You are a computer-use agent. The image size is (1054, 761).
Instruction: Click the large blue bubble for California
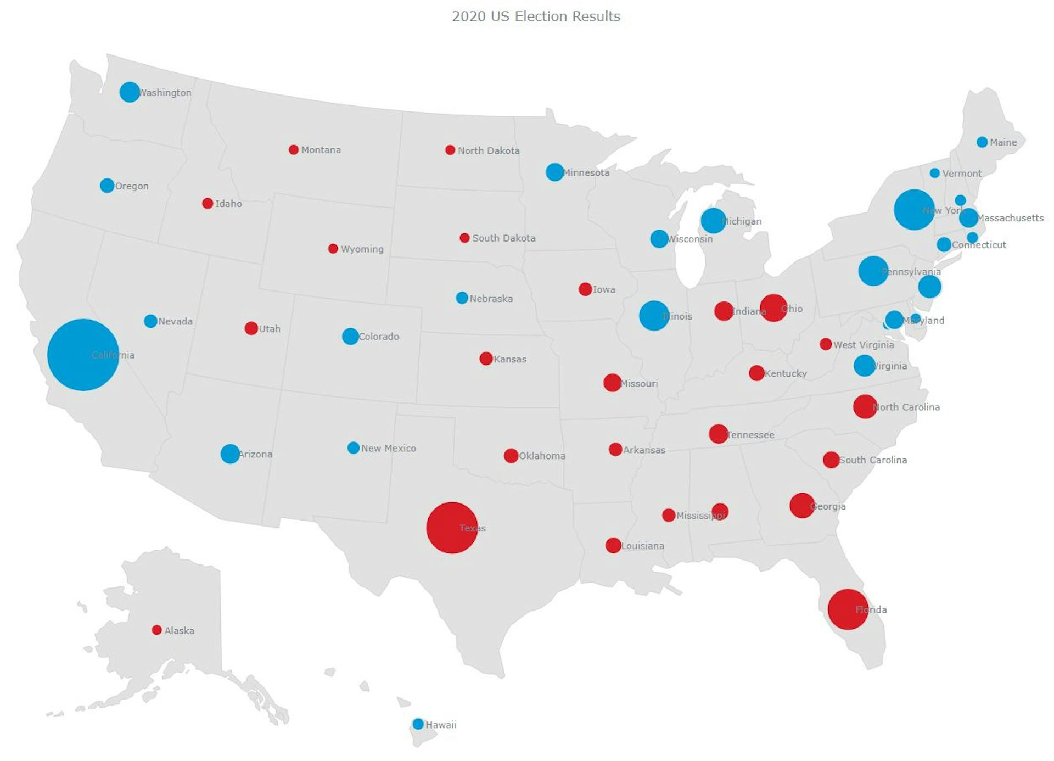pos(83,355)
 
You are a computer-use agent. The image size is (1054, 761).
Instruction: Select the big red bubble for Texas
pos(452,528)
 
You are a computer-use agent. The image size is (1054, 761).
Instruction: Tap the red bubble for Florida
pos(848,609)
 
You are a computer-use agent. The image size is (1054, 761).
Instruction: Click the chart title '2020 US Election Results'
pos(536,16)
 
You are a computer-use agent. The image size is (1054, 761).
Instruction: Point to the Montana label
pos(321,150)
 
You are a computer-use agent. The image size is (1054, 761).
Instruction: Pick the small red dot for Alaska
pos(157,630)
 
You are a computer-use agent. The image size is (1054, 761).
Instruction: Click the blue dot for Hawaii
pos(418,724)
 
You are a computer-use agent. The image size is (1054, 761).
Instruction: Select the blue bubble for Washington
pos(130,92)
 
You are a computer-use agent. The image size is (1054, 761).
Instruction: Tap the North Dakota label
pos(489,150)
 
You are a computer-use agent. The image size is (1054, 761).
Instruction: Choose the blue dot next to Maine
pos(982,142)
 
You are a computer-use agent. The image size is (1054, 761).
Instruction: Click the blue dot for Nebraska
pos(462,298)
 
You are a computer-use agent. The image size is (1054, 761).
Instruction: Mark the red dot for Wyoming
pos(333,249)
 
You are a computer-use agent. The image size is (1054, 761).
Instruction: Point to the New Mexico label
pos(388,449)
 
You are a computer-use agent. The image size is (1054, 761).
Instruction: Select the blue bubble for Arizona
pos(230,454)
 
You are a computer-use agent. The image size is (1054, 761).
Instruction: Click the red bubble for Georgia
pos(802,505)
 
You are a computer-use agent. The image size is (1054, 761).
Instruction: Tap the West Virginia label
pos(864,345)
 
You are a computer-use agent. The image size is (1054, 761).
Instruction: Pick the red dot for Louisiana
pos(613,545)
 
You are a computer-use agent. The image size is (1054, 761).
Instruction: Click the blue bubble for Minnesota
pos(554,172)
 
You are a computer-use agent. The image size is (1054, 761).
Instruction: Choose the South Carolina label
pos(873,460)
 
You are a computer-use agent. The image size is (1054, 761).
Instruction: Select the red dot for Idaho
pos(208,203)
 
